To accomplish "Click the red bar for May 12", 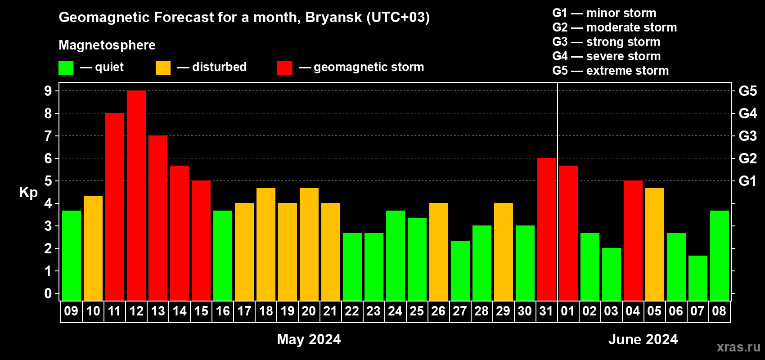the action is [136, 195].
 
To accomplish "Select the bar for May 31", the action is [547, 229].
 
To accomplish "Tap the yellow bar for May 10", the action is [93, 248].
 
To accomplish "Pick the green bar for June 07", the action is [697, 278].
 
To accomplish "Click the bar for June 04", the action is [633, 240].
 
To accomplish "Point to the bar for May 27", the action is [460, 270].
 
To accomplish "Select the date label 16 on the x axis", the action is [223, 311].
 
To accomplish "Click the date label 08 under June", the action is [719, 311].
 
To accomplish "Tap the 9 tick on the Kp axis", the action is [48, 91].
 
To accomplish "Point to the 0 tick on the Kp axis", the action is [48, 293].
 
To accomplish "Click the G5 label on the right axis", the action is [748, 91].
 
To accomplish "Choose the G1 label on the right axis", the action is [748, 181].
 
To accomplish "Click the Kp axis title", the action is [28, 193].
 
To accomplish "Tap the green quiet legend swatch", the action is [66, 68].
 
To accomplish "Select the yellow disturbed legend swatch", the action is [163, 68].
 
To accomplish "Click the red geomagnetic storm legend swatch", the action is [285, 68].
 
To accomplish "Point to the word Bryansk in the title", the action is [333, 18].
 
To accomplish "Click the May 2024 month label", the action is [309, 339].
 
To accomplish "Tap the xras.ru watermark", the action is [739, 347].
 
